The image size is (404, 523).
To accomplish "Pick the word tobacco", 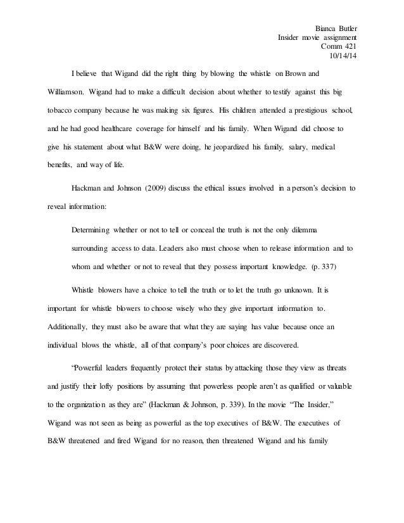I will (62, 109).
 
